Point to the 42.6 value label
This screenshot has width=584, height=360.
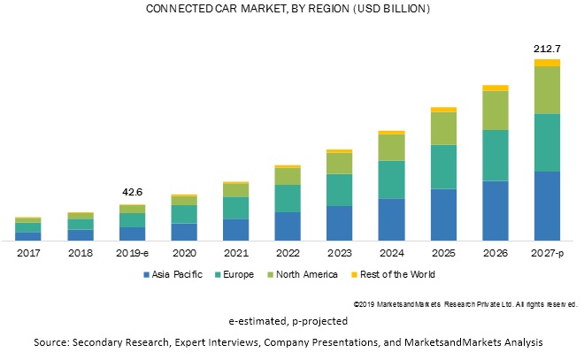pyautogui.click(x=132, y=192)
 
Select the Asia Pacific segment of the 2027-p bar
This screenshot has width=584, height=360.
pyautogui.click(x=547, y=205)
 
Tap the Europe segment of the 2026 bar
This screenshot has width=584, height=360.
pyautogui.click(x=495, y=155)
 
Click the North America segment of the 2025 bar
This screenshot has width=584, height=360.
pyautogui.click(x=443, y=128)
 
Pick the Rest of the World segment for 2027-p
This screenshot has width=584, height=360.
pyautogui.click(x=547, y=62)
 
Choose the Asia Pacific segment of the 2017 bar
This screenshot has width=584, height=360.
pyautogui.click(x=28, y=236)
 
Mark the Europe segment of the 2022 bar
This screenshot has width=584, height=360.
pyautogui.click(x=288, y=198)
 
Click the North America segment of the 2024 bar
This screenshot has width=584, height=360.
pyautogui.click(x=391, y=147)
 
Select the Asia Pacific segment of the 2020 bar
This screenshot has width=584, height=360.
pyautogui.click(x=184, y=232)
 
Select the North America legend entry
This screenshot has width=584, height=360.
pyautogui.click(x=304, y=274)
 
